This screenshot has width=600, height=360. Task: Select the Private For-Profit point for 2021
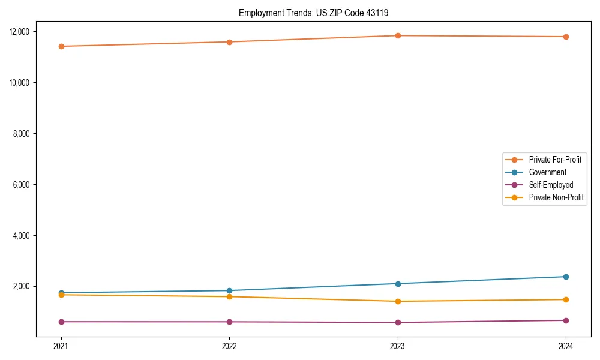[61, 46]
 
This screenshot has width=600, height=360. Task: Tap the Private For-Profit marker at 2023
[398, 35]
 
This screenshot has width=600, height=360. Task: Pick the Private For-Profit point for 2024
[566, 37]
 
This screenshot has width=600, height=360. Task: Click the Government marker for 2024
[566, 277]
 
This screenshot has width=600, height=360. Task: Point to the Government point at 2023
[398, 284]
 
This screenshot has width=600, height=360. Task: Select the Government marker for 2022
[229, 290]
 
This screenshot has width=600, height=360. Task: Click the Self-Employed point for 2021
[61, 322]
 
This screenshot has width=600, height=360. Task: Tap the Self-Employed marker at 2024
[566, 320]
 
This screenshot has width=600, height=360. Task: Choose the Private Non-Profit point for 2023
[398, 301]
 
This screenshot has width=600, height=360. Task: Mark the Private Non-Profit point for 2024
[566, 299]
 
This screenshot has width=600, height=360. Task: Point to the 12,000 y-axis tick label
[23, 31]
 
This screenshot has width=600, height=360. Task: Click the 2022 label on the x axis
[229, 346]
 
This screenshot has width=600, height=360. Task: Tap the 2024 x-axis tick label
[566, 346]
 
